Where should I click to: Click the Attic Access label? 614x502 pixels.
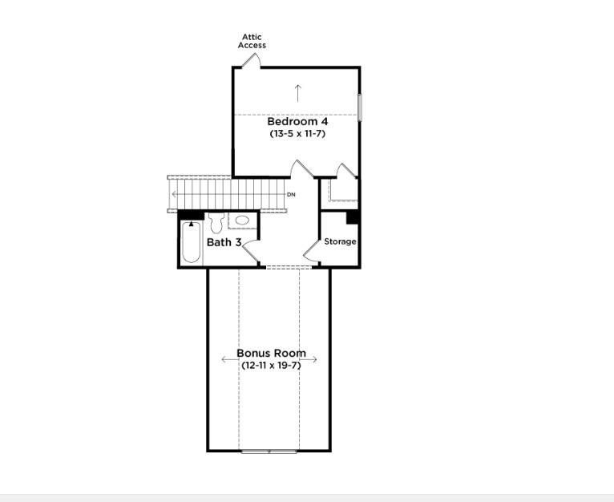[x=252, y=41]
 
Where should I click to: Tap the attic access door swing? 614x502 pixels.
[x=251, y=63]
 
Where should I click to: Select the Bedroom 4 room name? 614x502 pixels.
[x=297, y=122]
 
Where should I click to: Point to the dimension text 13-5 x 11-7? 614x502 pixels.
[x=297, y=134]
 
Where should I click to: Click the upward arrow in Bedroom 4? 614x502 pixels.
[x=297, y=92]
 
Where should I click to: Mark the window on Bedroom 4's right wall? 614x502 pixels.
[x=360, y=107]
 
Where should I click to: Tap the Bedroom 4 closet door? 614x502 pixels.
[x=344, y=172]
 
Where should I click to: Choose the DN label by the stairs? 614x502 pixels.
[x=291, y=195]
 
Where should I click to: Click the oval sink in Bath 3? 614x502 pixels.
[x=241, y=220]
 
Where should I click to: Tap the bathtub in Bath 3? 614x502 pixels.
[x=190, y=244]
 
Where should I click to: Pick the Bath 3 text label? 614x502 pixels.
[x=224, y=242]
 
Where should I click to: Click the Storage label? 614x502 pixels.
[x=340, y=241]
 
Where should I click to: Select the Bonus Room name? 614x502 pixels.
[x=271, y=353]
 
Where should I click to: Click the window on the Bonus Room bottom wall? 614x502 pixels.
[x=269, y=451]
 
